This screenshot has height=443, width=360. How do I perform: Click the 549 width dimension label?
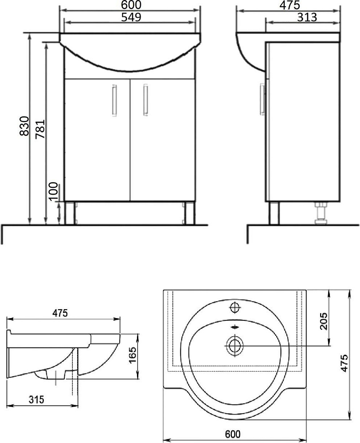point(131,17)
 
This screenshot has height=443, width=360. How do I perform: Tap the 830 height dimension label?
point(24,126)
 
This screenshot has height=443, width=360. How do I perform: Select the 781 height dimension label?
point(40,129)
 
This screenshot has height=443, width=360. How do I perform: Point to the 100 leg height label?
point(53,191)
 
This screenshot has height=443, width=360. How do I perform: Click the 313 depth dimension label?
point(307,18)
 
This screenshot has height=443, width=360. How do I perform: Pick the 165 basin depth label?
point(132,355)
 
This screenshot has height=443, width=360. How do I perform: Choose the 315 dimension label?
point(36,400)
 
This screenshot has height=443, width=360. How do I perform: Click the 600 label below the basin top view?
point(233,434)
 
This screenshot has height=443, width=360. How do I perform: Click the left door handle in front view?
point(114,100)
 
